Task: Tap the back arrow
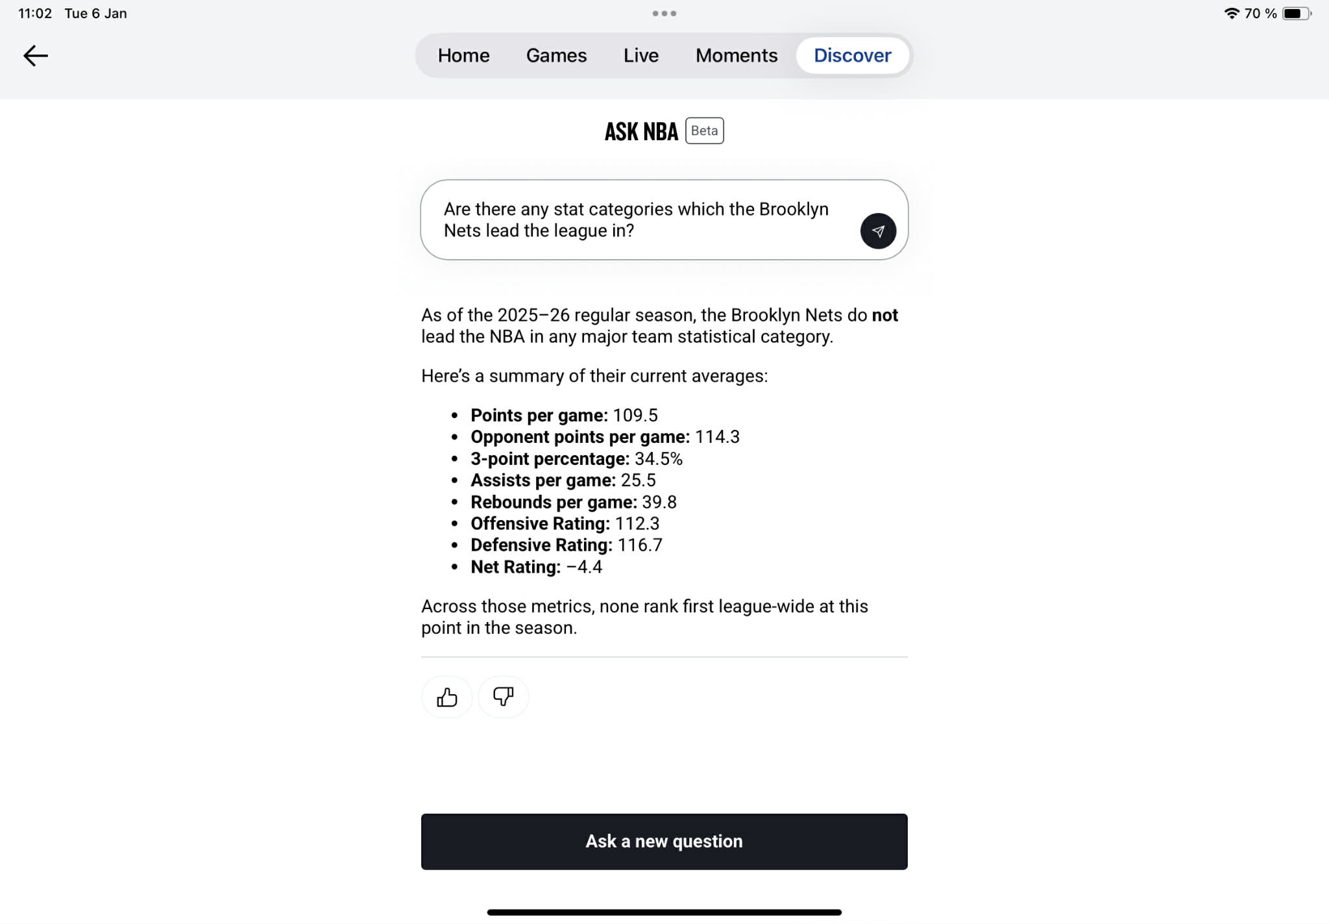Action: (36, 56)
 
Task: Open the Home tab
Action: (463, 56)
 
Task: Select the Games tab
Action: (556, 56)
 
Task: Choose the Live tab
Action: (640, 56)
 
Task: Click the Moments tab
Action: (736, 56)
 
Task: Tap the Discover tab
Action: (852, 56)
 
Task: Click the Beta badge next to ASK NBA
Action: (704, 131)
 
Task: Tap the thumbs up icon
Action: (446, 697)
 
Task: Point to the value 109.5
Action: (635, 416)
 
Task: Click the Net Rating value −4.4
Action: (584, 568)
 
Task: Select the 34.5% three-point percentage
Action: (658, 459)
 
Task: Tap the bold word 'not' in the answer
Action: (884, 316)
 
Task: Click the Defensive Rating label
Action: (541, 545)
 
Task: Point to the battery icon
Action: (1296, 14)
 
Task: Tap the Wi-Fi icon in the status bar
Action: (1231, 14)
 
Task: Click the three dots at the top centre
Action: (664, 14)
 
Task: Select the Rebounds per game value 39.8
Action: (659, 503)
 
